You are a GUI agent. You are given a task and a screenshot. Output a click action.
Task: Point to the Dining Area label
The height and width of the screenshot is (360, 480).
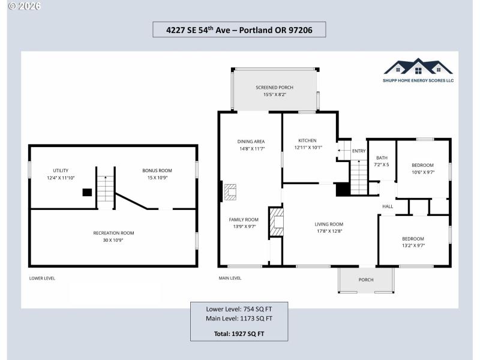(x=251, y=142)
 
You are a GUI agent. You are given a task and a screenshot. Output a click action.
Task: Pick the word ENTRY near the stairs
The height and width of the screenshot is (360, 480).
(x=359, y=151)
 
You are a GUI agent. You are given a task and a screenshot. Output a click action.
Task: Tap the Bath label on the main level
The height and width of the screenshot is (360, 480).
(x=382, y=158)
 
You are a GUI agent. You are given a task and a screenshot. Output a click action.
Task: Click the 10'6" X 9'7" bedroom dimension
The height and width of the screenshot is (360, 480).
(x=422, y=172)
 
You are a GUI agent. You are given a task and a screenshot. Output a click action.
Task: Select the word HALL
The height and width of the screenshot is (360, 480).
(x=388, y=206)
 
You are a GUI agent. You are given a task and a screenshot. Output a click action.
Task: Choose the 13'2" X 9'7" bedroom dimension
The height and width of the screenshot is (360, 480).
(x=413, y=245)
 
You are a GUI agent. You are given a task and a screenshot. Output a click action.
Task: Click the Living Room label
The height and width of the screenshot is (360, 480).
(x=329, y=224)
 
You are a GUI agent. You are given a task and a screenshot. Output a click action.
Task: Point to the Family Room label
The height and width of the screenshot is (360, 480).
(x=244, y=220)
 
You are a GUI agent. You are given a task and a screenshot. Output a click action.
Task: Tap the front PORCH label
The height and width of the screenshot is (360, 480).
(x=366, y=280)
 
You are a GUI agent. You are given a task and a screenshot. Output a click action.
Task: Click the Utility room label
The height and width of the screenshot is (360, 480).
(x=61, y=170)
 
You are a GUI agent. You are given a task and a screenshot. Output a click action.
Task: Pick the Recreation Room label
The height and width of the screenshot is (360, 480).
(x=113, y=233)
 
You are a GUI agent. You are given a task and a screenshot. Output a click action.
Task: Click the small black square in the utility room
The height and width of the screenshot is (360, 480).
(x=87, y=193)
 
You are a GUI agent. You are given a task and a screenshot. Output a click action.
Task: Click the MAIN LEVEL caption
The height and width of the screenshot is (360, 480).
(x=230, y=278)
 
